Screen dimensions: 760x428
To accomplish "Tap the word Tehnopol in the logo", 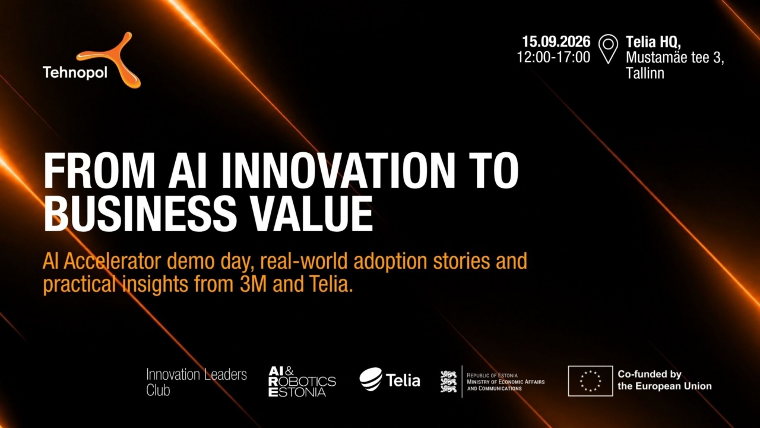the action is coord(75,73).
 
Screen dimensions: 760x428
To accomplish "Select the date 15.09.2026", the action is coord(556,42).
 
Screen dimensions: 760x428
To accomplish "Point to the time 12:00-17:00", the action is coord(553,57).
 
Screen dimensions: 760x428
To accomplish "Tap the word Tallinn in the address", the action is coord(645,73).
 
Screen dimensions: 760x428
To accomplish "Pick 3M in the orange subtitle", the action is coord(253,284).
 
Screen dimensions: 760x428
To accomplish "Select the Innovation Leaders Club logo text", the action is coord(197,382).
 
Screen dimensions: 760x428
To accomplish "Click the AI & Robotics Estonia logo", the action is coord(302,382).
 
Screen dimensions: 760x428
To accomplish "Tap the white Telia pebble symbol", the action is coord(371,379).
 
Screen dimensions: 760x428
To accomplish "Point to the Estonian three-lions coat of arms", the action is coord(448,382).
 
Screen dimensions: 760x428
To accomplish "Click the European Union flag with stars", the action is coord(590,381).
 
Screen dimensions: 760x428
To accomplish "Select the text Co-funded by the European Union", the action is coord(664,380).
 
